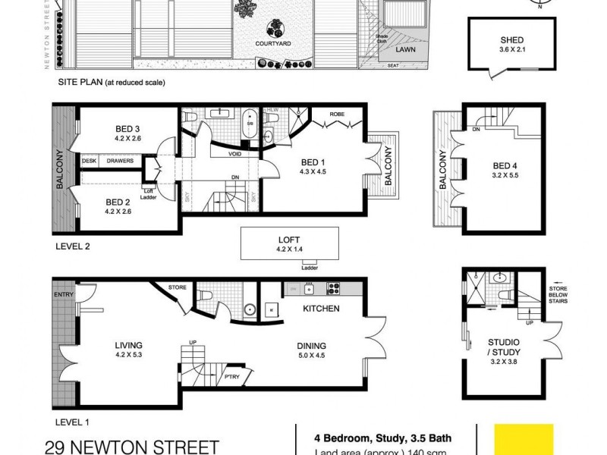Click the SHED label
click(511, 40)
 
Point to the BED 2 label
click(118, 202)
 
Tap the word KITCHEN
click(321, 309)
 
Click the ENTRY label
click(63, 294)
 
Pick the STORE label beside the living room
click(177, 287)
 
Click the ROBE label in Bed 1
click(338, 115)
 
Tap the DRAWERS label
click(120, 161)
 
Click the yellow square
click(524, 439)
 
